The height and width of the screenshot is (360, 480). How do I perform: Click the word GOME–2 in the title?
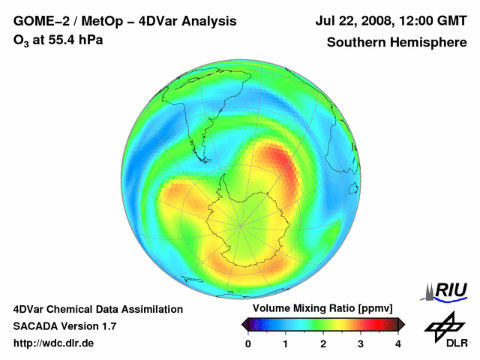[38, 21]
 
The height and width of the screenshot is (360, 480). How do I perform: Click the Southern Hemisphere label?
[396, 43]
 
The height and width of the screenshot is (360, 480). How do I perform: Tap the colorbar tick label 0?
[248, 343]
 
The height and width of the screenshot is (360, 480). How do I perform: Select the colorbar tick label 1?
[286, 343]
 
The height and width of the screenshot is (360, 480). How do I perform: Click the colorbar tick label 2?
[323, 343]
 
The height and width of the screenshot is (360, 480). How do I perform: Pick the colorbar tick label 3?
[361, 343]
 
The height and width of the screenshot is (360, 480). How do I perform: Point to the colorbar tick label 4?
[398, 343]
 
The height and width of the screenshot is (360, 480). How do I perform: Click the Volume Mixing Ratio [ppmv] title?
[322, 308]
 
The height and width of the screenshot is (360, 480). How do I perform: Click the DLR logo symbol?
[443, 326]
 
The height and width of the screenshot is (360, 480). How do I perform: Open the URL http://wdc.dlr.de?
[54, 343]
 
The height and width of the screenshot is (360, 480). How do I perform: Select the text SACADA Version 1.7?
[64, 326]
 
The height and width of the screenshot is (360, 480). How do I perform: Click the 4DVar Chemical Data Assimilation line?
[98, 309]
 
